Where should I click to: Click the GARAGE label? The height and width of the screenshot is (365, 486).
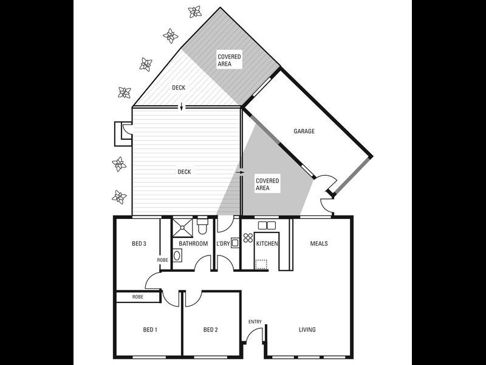pos(304,131)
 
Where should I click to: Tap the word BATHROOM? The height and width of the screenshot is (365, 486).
pos(193,244)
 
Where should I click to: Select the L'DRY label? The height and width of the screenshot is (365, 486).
pos(223,244)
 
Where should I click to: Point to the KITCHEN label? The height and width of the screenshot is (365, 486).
pos(267,244)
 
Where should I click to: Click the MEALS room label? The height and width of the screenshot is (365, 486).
pos(319,244)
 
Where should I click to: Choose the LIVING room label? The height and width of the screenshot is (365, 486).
pos(307,330)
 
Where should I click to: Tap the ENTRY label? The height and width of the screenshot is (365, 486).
pos(255,322)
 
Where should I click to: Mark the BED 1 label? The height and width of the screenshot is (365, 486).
pos(150,330)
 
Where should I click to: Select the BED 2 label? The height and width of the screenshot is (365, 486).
pos(210,330)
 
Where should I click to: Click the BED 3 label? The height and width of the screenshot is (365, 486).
pos(139,244)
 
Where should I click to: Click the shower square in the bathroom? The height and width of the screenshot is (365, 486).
pos(182,227)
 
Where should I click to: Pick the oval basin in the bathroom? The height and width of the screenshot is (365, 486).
pos(177,256)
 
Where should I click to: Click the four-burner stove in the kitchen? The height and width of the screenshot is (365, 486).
pos(248,238)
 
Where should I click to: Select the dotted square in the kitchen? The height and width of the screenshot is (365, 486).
pos(262,264)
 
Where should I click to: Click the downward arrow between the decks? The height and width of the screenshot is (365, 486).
pos(181,108)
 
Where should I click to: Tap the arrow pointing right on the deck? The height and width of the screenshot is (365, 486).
pos(239,172)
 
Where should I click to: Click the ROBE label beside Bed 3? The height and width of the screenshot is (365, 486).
pos(163,260)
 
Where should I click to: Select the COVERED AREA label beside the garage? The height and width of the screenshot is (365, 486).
pos(267,184)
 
